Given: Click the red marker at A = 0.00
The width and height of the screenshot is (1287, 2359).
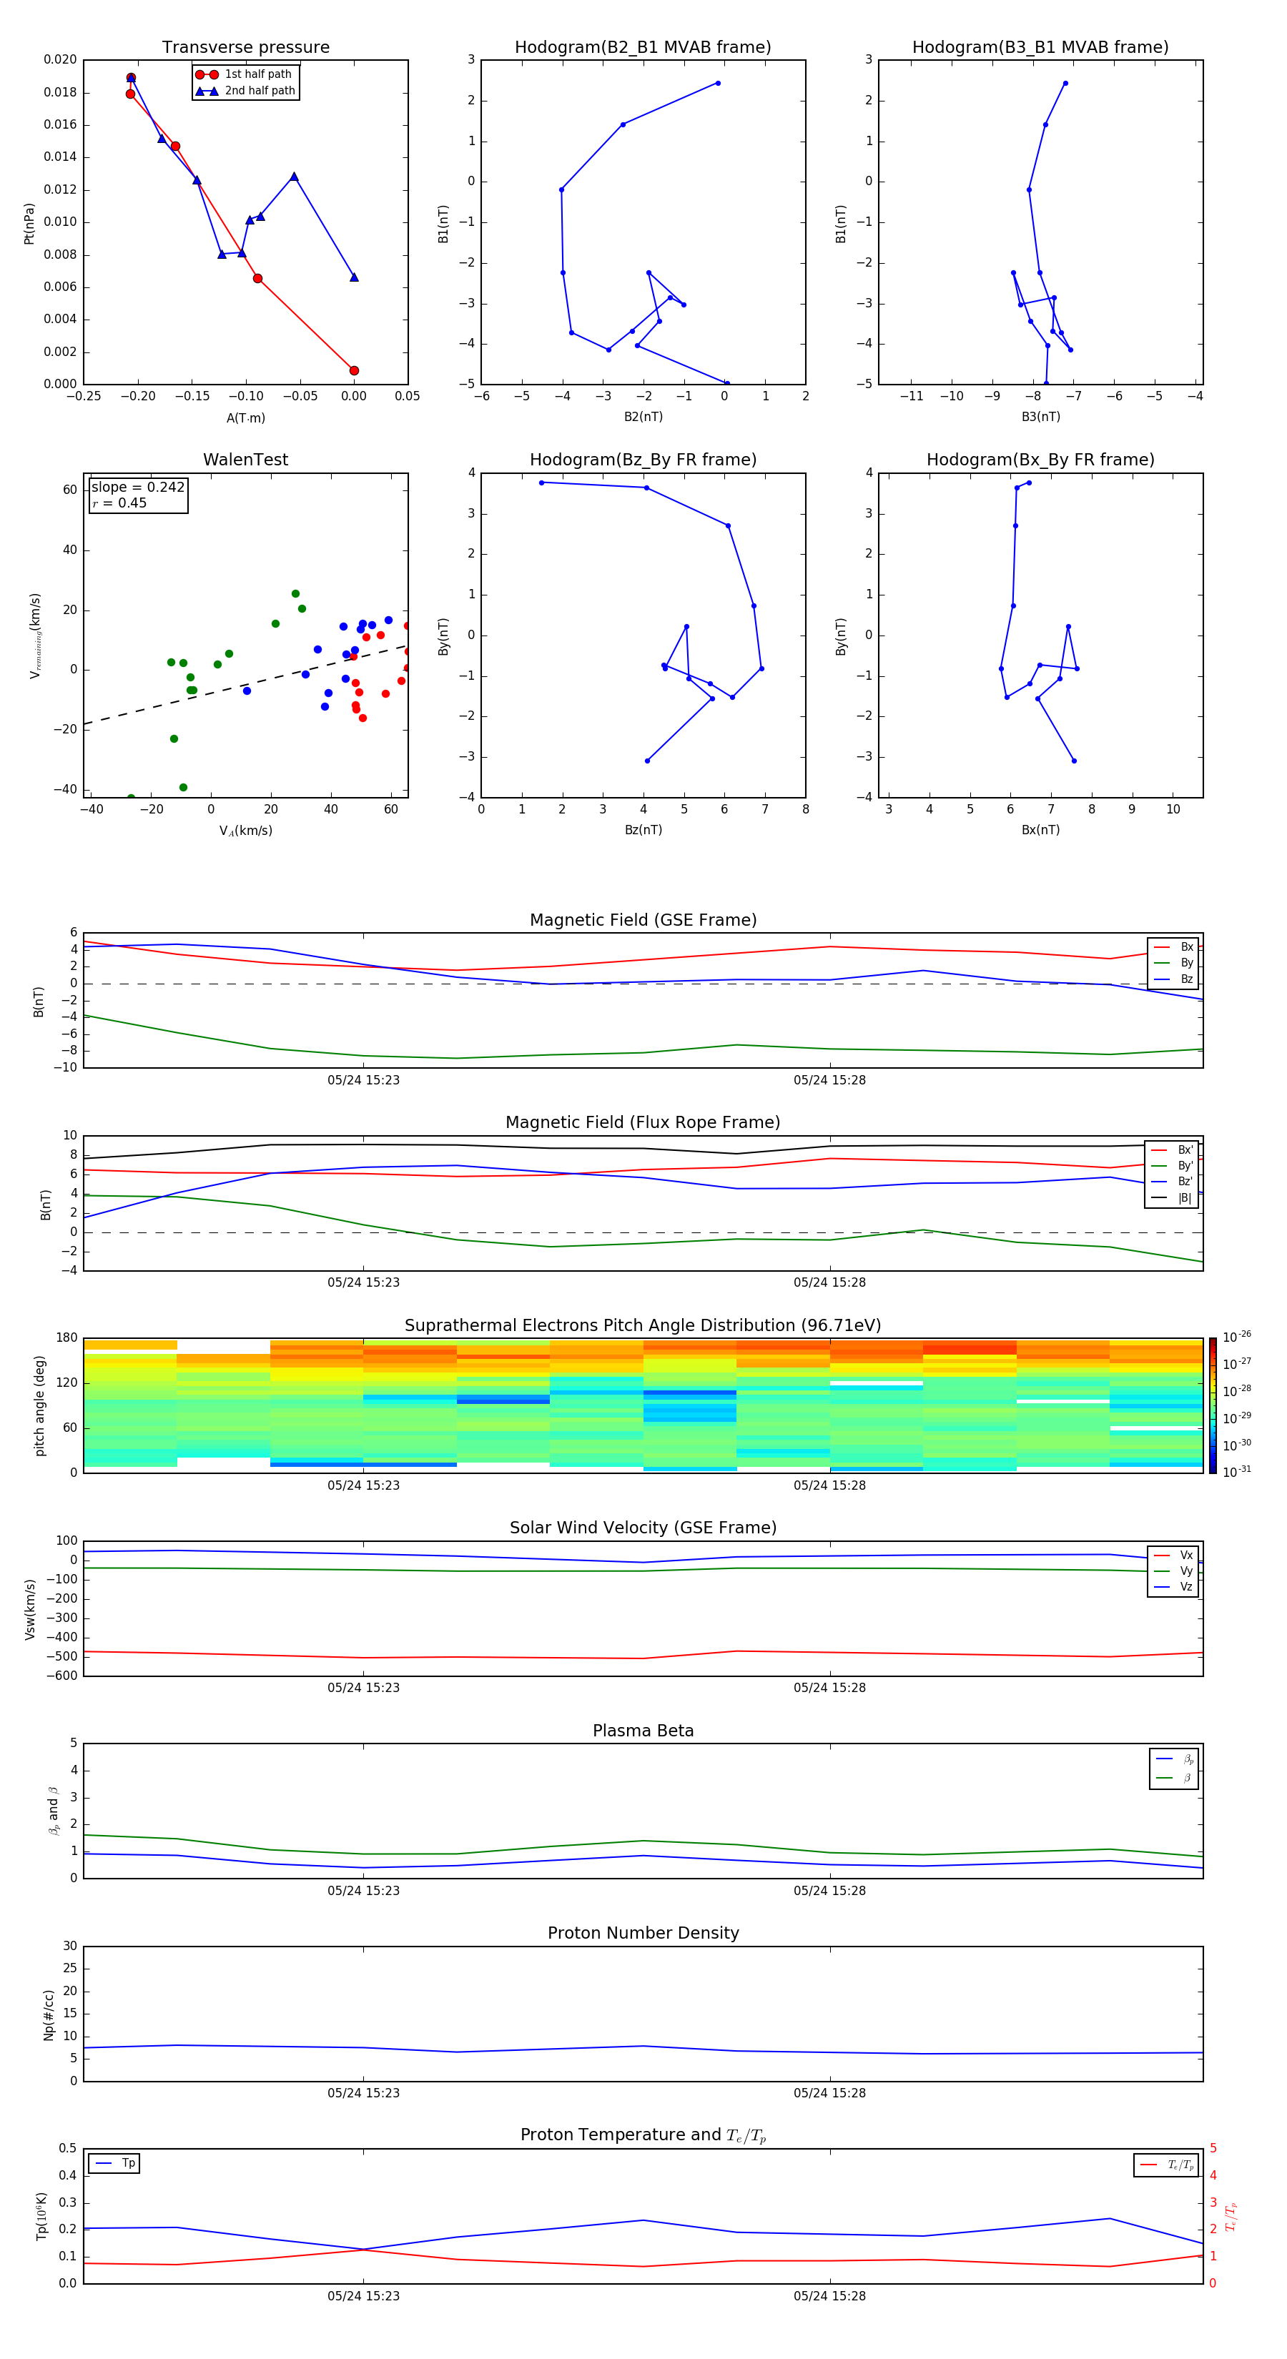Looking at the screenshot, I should point(355,371).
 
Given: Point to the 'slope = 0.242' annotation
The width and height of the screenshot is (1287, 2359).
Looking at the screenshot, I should point(137,488).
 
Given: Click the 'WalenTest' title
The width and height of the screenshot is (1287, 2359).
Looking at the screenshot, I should point(245,460).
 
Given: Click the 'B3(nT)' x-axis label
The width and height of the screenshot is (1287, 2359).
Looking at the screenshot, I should point(1040,417).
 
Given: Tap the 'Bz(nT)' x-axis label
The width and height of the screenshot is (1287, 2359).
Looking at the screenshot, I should point(643,830).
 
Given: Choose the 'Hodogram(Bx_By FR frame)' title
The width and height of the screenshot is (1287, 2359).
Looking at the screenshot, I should point(1040,460).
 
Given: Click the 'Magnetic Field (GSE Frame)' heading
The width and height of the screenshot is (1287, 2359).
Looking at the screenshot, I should point(643,920).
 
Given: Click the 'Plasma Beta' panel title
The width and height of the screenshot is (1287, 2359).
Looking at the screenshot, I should point(643,1731).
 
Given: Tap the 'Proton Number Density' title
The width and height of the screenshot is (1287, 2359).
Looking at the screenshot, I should point(643,1933).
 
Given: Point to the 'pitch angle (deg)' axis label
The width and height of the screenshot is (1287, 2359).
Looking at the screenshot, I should point(39,1405).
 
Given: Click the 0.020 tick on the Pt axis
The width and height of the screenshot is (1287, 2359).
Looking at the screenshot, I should point(61,61).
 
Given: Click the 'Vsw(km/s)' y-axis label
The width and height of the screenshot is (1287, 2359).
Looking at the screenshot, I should point(30,1609).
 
